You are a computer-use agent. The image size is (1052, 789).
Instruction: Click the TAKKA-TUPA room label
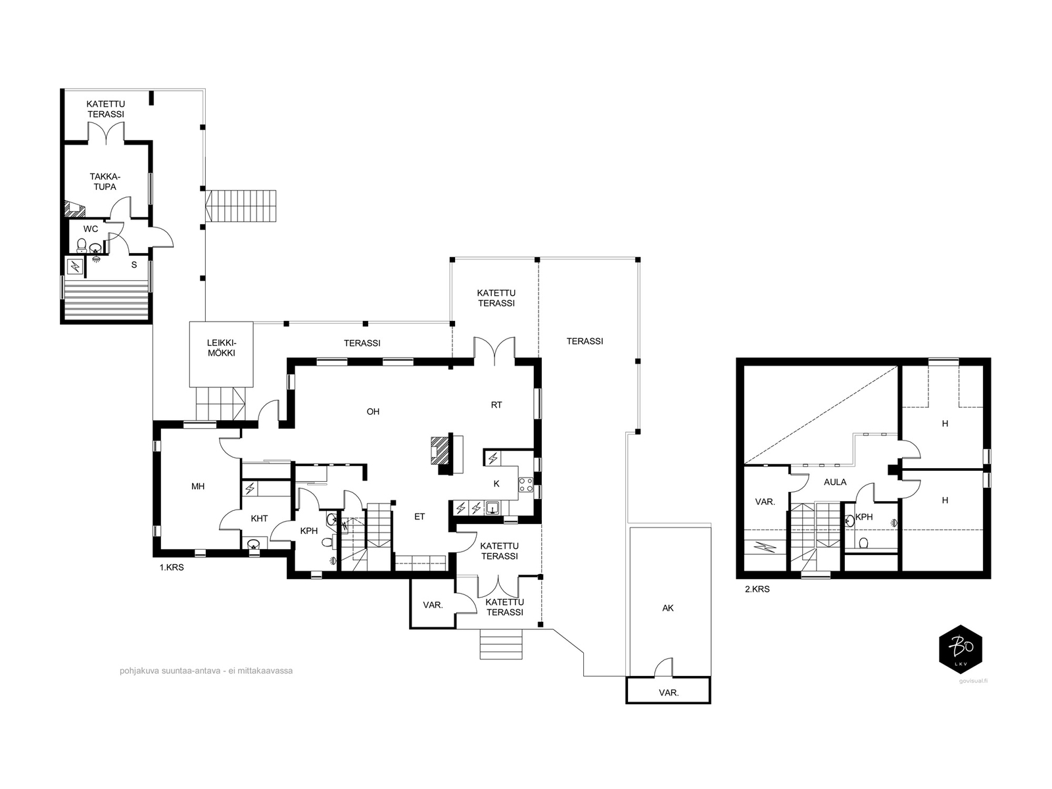(105, 182)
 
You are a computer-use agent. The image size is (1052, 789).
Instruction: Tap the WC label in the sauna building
(91, 229)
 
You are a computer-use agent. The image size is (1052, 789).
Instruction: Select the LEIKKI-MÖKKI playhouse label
(222, 348)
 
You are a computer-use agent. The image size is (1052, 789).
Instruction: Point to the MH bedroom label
(198, 487)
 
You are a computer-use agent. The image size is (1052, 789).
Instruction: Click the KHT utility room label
(259, 518)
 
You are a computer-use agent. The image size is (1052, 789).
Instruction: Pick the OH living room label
(373, 412)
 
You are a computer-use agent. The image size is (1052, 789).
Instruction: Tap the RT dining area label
(496, 405)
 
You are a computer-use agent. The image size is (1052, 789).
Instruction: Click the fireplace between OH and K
(446, 453)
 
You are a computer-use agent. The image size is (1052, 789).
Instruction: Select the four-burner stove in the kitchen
(526, 485)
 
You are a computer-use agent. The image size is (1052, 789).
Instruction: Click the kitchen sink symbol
(492, 508)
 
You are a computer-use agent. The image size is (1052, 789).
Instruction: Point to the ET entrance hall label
(419, 516)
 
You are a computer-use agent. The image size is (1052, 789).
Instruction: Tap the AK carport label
(668, 608)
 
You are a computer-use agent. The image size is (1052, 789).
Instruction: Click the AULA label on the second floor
(835, 482)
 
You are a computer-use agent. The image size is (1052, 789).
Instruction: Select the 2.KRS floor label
(757, 589)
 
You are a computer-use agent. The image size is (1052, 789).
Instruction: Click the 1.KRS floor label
(172, 567)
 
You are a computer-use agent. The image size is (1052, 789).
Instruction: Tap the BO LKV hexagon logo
(961, 650)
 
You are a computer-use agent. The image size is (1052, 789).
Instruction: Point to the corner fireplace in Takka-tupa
(75, 208)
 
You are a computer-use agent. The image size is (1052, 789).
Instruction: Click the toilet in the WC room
(82, 246)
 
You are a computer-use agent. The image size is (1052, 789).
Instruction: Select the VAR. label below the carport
(669, 693)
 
